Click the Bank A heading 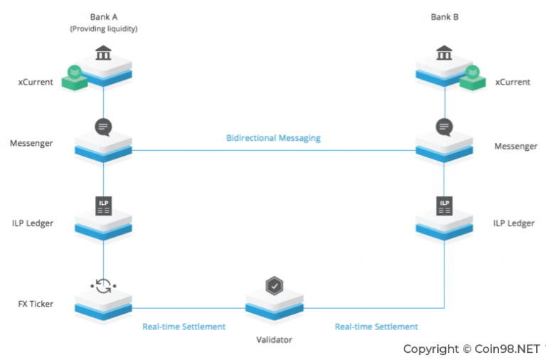point(104,17)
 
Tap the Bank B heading point(445,17)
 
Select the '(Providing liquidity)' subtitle point(104,28)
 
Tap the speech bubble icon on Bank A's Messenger point(104,127)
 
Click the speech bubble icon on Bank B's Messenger point(445,127)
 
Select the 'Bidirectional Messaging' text point(273,138)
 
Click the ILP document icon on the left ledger point(104,206)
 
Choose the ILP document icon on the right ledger point(445,206)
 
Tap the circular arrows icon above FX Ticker point(104,285)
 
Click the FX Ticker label point(35,305)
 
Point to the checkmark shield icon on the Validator point(274,286)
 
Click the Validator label point(274,339)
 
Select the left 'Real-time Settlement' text point(183,327)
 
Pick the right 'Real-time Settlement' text point(376,327)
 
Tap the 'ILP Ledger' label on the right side point(514,223)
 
